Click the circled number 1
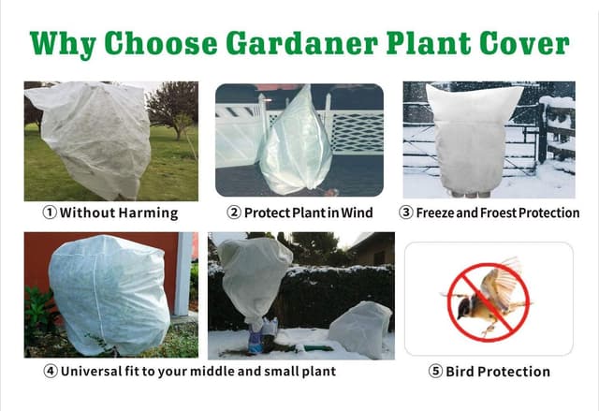(49, 213)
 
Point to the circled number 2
(233, 213)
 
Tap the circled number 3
(406, 213)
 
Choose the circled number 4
(50, 371)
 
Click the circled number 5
(435, 372)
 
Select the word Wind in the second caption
(357, 213)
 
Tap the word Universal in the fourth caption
(97, 371)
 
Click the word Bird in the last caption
(464, 372)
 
